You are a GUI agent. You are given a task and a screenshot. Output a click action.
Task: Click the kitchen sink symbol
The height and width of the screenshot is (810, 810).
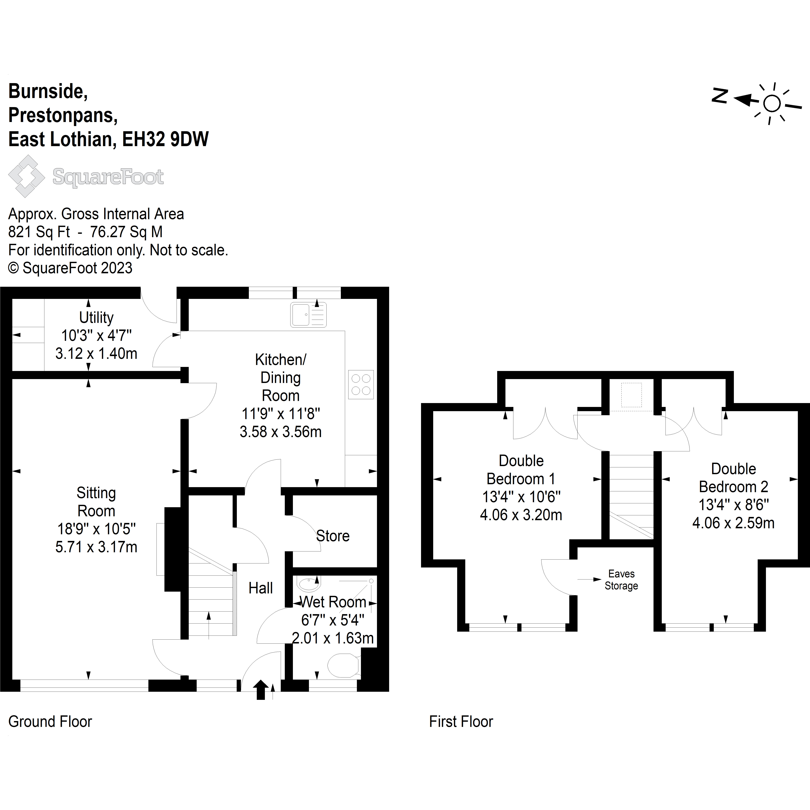coord(308,314)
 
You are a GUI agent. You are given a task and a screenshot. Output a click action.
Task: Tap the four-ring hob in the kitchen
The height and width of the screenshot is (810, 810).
coord(361,384)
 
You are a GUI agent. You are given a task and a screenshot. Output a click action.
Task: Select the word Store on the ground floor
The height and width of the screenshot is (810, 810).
coord(332,536)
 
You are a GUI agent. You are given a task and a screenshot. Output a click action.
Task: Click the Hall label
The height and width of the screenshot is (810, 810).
coord(260,588)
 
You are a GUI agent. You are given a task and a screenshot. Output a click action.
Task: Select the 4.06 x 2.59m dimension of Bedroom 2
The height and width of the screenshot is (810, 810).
coord(733,523)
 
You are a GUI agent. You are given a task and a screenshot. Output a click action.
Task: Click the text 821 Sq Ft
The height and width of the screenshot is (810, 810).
coord(39,232)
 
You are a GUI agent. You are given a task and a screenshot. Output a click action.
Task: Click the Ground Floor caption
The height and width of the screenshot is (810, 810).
coord(50,722)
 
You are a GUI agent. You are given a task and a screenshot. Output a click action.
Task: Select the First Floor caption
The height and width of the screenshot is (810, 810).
coord(461,722)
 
